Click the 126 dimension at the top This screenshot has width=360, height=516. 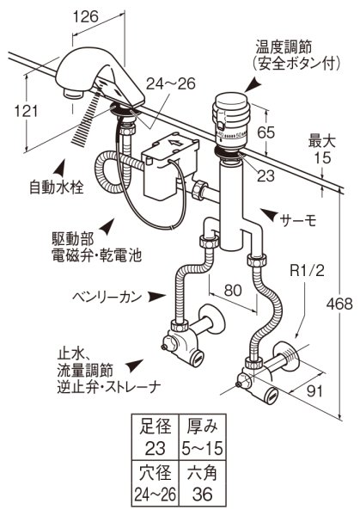(84, 15)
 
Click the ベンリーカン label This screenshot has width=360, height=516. (102, 295)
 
